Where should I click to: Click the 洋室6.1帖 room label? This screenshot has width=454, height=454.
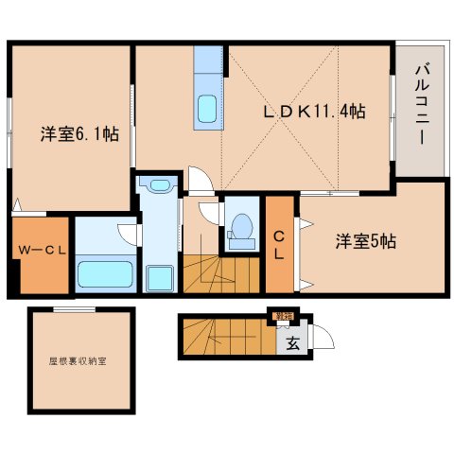[x=79, y=134]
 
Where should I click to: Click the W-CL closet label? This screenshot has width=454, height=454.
[x=39, y=252]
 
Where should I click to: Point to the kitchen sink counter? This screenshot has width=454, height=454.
[x=206, y=90]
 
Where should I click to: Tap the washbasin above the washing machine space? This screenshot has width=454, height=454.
[x=159, y=186]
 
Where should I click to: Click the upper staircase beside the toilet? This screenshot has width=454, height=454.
[x=220, y=274]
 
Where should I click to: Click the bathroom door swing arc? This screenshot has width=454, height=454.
[x=129, y=228]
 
